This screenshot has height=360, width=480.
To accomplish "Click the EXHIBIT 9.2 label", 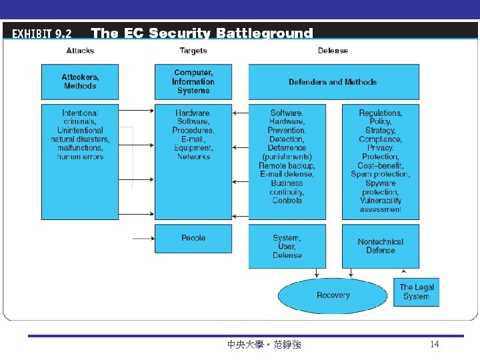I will point(42,33).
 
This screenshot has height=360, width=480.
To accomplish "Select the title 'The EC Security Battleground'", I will point(201,33).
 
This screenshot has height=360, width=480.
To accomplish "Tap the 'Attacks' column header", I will point(80,51).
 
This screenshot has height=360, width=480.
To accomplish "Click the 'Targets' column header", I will point(193,51).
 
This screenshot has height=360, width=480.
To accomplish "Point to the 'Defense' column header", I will point(333,51).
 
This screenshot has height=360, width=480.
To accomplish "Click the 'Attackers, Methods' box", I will point(80,81).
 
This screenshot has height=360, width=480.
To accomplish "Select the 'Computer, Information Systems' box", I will point(193,81).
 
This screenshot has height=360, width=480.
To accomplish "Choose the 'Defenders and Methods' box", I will point(333,82).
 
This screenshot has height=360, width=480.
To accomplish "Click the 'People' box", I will point(193,238).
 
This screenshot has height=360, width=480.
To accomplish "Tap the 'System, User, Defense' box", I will point(287,246).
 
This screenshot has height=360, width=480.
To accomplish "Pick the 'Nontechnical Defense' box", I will point(381,246).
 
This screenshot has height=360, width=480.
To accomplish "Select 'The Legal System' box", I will point(417,292).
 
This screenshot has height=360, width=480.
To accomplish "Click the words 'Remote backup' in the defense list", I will point(287,165).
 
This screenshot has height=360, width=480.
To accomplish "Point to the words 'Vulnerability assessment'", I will point(381,205).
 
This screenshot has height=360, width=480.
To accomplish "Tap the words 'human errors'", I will point(80,157).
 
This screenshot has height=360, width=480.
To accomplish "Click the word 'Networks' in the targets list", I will point(193,157).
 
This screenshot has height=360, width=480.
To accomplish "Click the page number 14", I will point(435,344).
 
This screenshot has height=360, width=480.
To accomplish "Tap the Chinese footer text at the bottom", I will point(264,345).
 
